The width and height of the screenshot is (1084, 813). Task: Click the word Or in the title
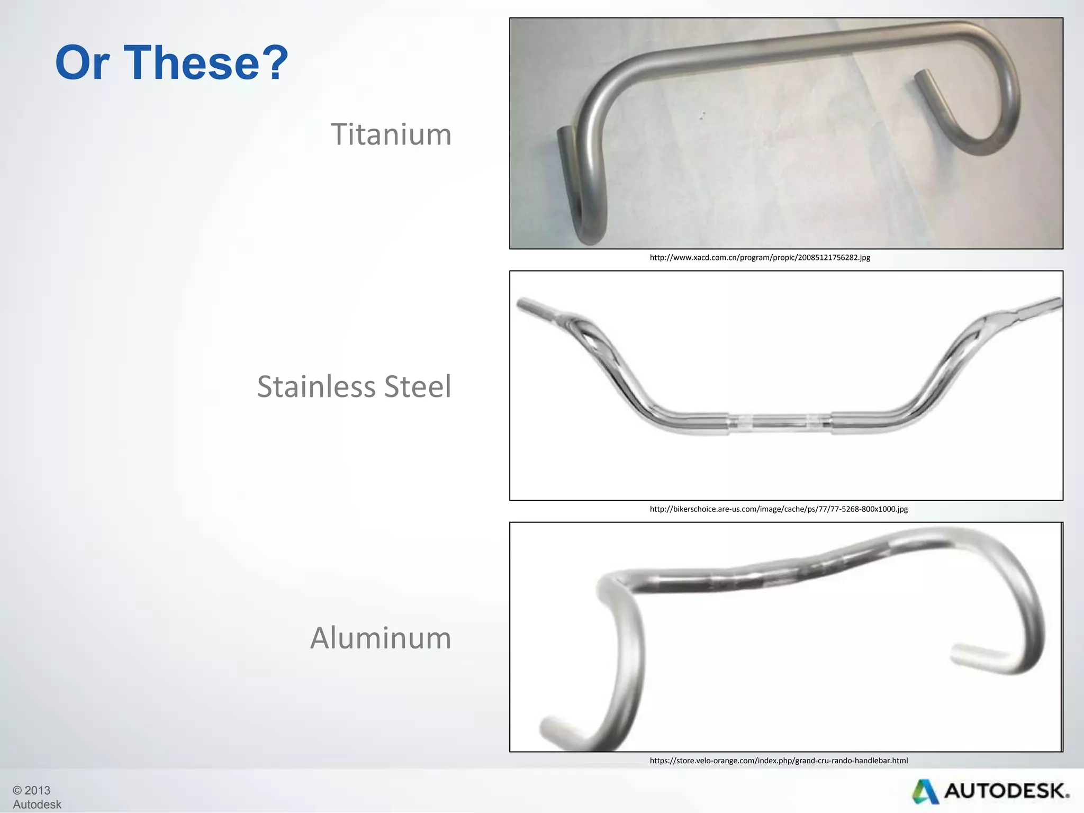pos(82,62)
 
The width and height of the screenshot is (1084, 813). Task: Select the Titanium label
pos(391,134)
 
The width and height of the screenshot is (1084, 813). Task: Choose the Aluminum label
pos(381,638)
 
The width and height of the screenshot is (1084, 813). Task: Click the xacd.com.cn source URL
pos(760,258)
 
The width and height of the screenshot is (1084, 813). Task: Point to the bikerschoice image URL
pos(779,509)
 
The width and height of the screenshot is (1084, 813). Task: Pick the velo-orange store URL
pos(779,761)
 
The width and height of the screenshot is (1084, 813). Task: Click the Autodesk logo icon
pos(925,791)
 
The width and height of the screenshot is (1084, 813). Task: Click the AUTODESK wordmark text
pos(1006,791)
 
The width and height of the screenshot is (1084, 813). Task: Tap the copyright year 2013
pos(37,790)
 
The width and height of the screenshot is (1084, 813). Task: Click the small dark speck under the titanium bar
pos(702,115)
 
